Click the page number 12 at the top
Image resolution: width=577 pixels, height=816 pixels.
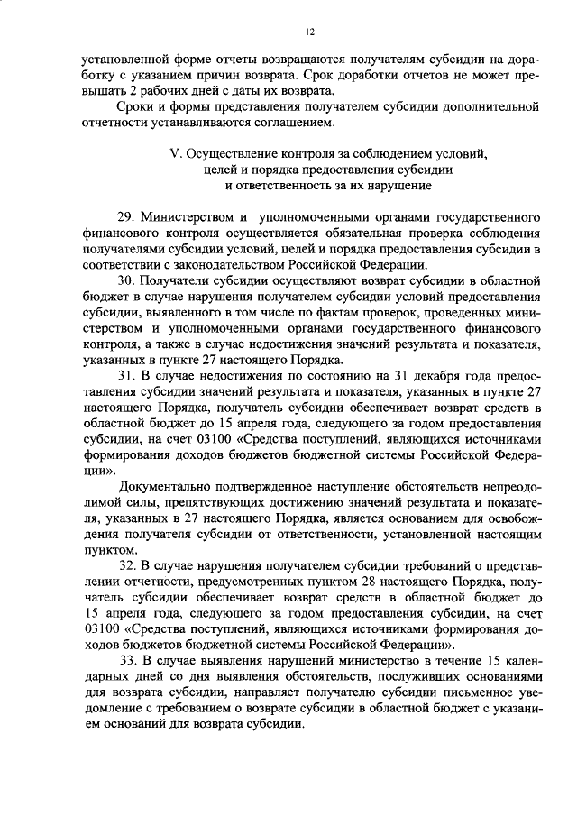click(x=308, y=32)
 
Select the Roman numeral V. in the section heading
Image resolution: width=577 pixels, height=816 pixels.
click(x=176, y=153)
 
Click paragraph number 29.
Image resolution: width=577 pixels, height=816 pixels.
click(x=125, y=218)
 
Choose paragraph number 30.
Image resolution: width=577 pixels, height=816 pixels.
click(x=125, y=280)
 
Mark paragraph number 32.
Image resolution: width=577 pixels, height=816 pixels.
click(x=125, y=565)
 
